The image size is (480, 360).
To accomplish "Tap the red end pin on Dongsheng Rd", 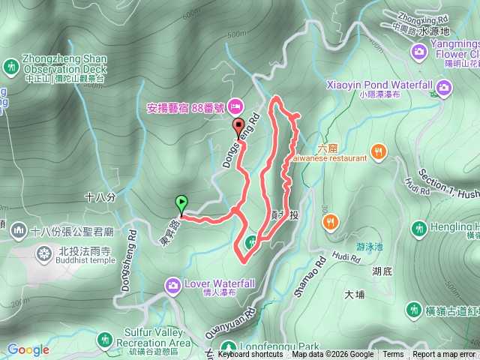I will [x=238, y=125].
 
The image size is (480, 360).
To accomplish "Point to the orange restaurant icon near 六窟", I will [x=379, y=151].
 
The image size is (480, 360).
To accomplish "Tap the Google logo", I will [x=28, y=349].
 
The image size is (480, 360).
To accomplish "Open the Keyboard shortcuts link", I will [x=250, y=355].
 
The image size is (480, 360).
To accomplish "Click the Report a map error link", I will [x=443, y=355].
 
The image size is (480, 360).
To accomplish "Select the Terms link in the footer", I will [x=393, y=355].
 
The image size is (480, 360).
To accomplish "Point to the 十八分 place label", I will [x=100, y=197].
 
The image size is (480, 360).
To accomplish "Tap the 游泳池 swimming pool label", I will [x=369, y=245].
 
